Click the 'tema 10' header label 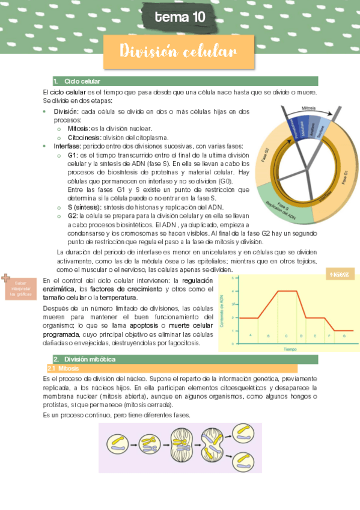click(x=180, y=17)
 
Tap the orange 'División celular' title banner click(x=178, y=52)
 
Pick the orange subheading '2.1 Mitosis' click(x=62, y=368)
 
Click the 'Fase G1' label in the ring click(x=344, y=177)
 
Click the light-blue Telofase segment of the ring click(x=321, y=127)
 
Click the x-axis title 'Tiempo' click(x=291, y=349)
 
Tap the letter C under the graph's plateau click(x=286, y=336)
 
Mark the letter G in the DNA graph click(x=344, y=336)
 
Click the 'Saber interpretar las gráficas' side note click(x=22, y=289)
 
